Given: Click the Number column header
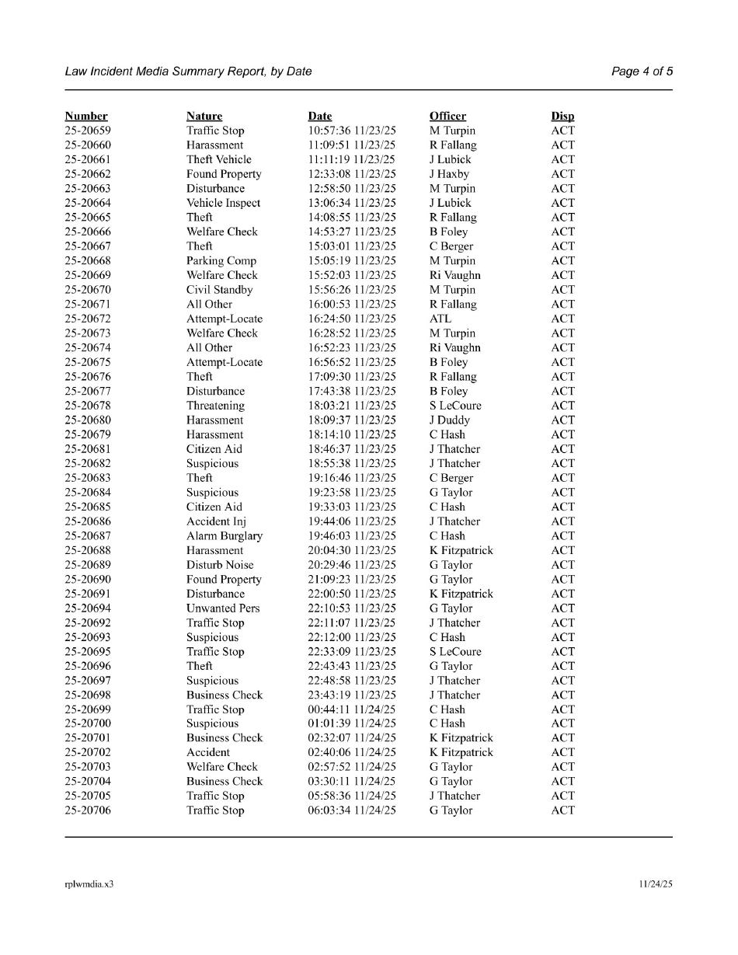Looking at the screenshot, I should [x=86, y=117].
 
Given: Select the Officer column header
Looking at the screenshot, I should [x=447, y=117].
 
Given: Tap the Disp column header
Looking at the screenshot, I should [x=562, y=117].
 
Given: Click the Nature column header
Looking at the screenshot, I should [x=204, y=117].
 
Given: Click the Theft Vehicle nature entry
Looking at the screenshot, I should [x=219, y=160].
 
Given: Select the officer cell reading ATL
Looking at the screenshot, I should [x=440, y=319].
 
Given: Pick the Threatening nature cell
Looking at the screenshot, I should [x=215, y=406].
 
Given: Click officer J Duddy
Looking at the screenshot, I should [x=450, y=420].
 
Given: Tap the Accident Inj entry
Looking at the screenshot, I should [x=216, y=521].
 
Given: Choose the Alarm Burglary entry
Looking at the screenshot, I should [x=225, y=536].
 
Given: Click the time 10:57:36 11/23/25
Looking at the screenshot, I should [x=352, y=131].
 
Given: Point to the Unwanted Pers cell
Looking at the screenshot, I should [x=223, y=608].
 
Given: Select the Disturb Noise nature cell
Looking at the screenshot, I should [x=220, y=565].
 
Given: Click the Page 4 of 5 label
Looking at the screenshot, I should [x=642, y=71].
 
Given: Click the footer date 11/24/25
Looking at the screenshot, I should [x=656, y=884].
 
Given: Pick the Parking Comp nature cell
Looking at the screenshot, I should [x=221, y=261].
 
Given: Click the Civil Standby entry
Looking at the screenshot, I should [x=220, y=290].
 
